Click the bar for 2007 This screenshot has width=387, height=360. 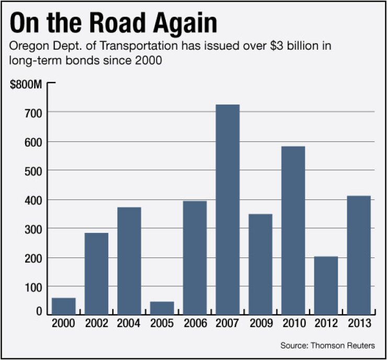click(x=227, y=209)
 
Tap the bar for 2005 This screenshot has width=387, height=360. click(x=162, y=308)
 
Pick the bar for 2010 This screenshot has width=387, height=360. click(x=292, y=230)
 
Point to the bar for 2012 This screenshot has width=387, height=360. click(x=325, y=285)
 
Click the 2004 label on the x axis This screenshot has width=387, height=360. click(x=129, y=323)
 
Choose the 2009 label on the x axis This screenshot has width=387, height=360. click(x=260, y=323)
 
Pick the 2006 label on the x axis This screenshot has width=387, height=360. click(x=195, y=323)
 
